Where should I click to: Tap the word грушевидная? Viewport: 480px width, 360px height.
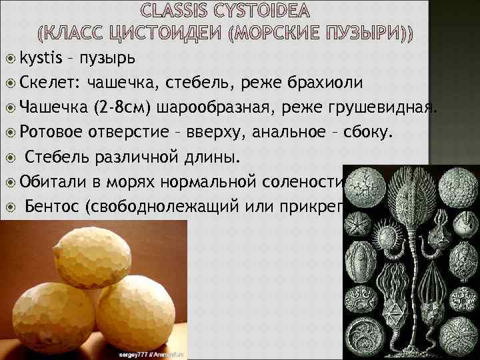click(387, 107)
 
